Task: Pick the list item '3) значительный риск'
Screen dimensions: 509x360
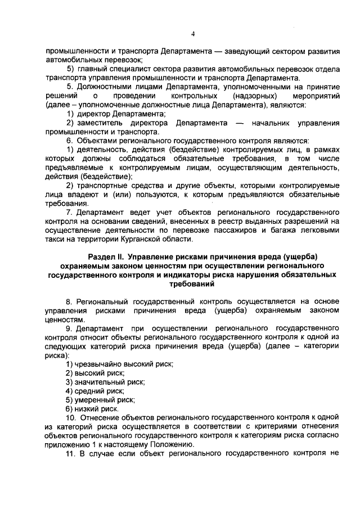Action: (x=105, y=382)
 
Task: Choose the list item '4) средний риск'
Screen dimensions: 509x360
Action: (x=95, y=391)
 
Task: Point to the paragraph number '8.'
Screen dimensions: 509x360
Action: (x=70, y=301)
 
